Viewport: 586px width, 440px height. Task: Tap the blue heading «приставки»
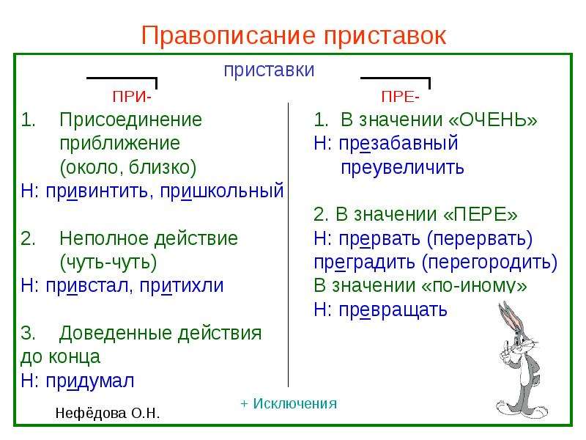click(269, 70)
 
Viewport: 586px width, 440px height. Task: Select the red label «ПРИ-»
click(132, 97)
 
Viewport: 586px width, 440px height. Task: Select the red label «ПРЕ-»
click(400, 97)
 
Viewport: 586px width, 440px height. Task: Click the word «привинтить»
click(97, 191)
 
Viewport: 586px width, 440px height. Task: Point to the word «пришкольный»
click(222, 191)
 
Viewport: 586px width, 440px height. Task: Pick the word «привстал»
click(86, 286)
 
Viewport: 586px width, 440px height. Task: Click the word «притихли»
click(182, 286)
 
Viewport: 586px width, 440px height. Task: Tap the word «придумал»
click(89, 381)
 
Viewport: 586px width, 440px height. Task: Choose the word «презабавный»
click(398, 144)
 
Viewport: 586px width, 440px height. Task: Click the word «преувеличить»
click(402, 168)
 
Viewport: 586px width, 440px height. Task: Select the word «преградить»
click(364, 263)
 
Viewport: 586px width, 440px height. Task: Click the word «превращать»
click(393, 309)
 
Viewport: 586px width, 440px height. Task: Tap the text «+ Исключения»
click(289, 404)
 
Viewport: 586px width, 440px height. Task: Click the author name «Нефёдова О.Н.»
click(107, 414)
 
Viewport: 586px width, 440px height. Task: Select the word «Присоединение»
click(131, 120)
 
